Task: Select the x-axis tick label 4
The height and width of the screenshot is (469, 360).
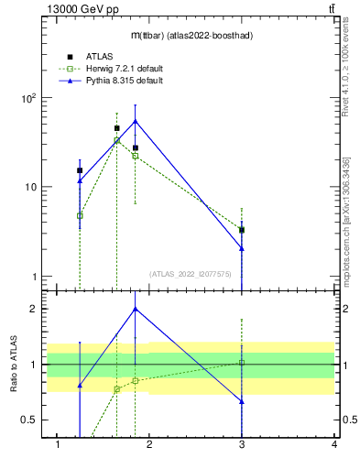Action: pyautogui.click(x=334, y=445)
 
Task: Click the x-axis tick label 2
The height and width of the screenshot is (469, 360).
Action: pyautogui.click(x=150, y=445)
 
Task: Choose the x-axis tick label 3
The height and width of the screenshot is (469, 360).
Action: pyautogui.click(x=242, y=445)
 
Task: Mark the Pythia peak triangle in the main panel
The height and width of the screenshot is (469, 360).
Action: pyautogui.click(x=136, y=121)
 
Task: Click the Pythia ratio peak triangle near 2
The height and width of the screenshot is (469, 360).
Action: pyautogui.click(x=136, y=309)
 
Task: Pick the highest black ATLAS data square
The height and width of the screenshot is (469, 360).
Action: pyautogui.click(x=116, y=128)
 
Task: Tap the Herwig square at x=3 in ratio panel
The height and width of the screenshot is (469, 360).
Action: pyautogui.click(x=242, y=363)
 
